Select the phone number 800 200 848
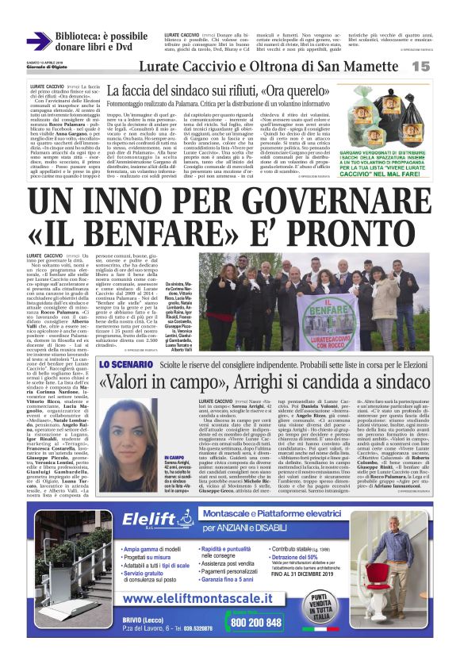tap(253, 624)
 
